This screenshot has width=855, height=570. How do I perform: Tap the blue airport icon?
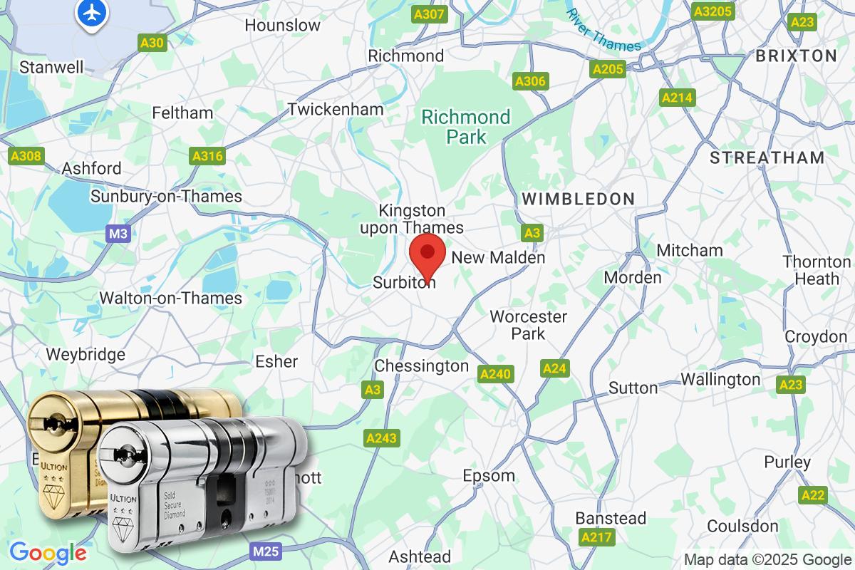tap(92, 12)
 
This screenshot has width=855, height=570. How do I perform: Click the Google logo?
tap(48, 552)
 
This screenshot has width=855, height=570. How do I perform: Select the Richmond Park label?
tap(466, 126)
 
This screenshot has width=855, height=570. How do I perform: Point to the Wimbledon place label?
tap(578, 199)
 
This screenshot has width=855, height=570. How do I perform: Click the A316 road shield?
tap(208, 156)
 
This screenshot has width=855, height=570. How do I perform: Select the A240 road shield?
tap(496, 373)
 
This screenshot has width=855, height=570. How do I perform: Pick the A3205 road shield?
tap(712, 11)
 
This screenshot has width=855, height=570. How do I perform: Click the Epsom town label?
tap(489, 475)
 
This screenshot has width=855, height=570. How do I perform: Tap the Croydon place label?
tap(815, 336)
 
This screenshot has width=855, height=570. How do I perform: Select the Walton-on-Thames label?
tap(171, 298)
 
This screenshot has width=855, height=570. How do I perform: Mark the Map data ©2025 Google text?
tap(767, 559)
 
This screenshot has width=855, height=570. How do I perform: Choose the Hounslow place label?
tap(282, 25)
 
